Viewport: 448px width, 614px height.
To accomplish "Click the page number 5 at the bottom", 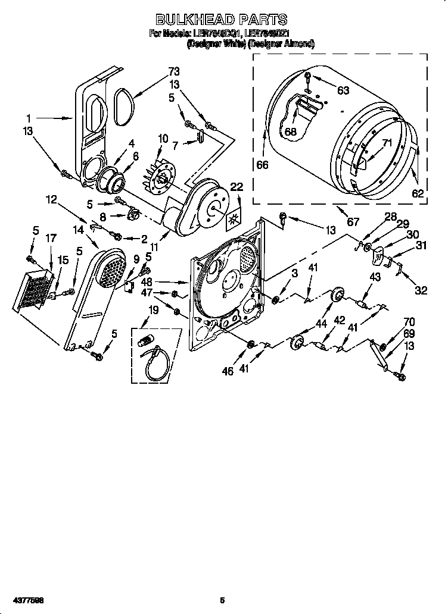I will [222, 600].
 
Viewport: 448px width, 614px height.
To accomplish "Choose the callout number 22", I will [237, 187].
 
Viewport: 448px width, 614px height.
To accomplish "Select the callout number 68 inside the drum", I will [290, 131].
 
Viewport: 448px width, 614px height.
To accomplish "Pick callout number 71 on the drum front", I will [387, 143].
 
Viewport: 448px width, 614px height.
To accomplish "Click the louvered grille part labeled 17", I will [37, 291].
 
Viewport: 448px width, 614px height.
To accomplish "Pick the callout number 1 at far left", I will [28, 118].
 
